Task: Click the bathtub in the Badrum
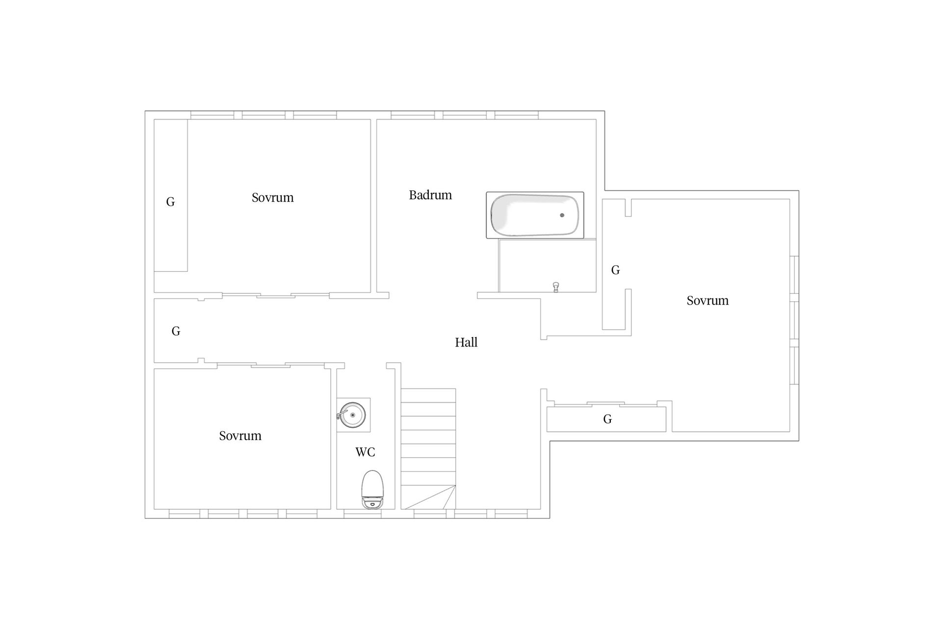(x=535, y=215)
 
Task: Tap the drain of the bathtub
(x=562, y=215)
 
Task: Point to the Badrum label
(x=430, y=195)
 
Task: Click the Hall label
(x=466, y=342)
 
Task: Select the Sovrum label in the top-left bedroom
(x=273, y=198)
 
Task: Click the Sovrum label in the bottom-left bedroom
(x=240, y=436)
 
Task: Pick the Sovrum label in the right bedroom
(x=707, y=301)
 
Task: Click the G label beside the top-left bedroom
(x=171, y=202)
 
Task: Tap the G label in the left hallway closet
(x=176, y=331)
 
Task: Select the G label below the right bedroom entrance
(x=608, y=419)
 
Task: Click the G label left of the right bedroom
(x=616, y=270)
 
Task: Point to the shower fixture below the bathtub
(x=556, y=287)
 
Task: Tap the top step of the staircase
(x=429, y=395)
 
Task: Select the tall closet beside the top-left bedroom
(x=171, y=195)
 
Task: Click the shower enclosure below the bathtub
(x=548, y=266)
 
